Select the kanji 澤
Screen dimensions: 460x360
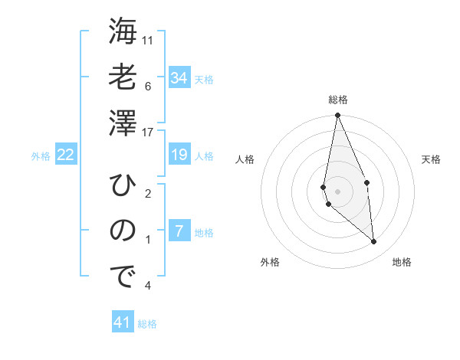(x=122, y=122)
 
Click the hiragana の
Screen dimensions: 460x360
(x=122, y=231)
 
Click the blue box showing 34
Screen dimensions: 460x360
(x=179, y=78)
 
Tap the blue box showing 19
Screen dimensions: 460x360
(x=179, y=155)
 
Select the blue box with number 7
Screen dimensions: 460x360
(x=179, y=231)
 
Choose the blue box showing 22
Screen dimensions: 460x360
(x=66, y=155)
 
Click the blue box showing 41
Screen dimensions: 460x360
(x=123, y=322)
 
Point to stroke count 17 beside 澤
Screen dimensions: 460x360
(x=149, y=132)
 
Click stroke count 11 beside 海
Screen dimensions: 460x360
(x=148, y=39)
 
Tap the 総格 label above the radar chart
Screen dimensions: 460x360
(x=337, y=100)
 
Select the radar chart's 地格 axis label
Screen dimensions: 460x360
(x=402, y=262)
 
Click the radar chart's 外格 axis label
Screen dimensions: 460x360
(x=270, y=262)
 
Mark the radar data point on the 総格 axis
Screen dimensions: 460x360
(x=337, y=116)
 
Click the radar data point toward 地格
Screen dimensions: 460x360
(x=374, y=242)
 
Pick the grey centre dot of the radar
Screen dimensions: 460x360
(x=337, y=191)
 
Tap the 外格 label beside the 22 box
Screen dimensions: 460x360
(x=41, y=156)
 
